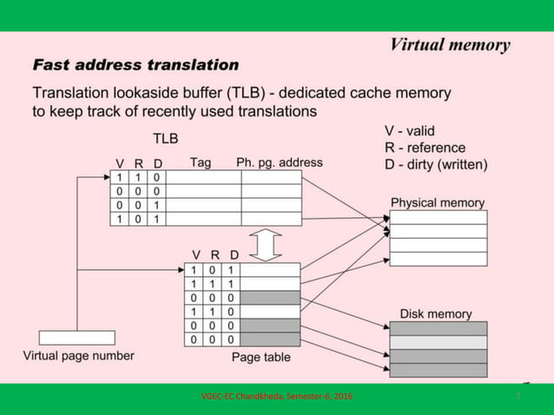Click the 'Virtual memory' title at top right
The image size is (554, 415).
(449, 45)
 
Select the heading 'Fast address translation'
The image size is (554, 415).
(135, 65)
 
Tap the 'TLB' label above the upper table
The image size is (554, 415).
(166, 138)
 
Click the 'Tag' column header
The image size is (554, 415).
(201, 162)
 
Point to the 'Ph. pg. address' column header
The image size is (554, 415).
(279, 162)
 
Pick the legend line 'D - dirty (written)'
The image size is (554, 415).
(436, 163)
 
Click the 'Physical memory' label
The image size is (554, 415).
(438, 202)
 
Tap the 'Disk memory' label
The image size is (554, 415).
(436, 313)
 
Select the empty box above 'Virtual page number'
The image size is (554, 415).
(76, 338)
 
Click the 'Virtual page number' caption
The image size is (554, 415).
(78, 355)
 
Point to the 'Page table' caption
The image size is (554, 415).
(261, 357)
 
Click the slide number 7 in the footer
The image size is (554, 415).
(518, 397)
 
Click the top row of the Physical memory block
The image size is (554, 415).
(439, 217)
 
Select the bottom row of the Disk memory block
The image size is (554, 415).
(439, 369)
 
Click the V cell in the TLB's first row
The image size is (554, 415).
(121, 177)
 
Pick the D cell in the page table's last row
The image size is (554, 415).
(231, 339)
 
